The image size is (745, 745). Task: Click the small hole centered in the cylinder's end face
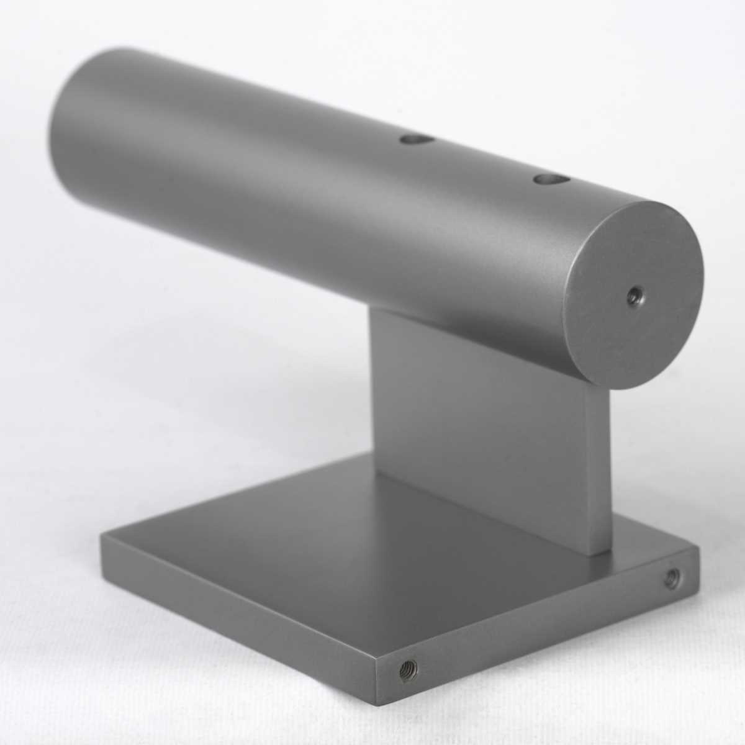point(634,293)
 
